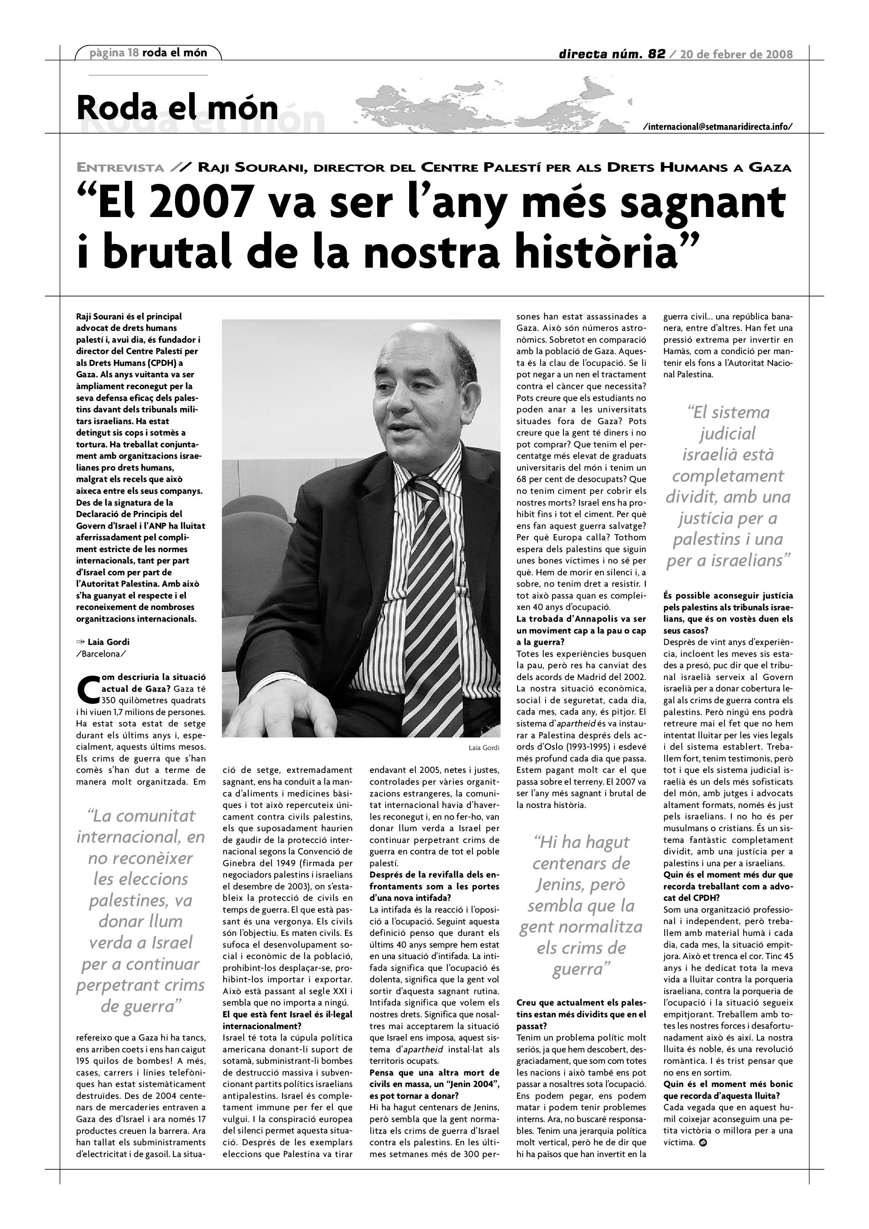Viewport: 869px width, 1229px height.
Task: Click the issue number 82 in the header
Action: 656,54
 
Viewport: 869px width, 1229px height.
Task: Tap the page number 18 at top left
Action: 133,53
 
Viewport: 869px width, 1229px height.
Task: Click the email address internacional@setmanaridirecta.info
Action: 718,127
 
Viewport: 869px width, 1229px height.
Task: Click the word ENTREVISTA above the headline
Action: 120,168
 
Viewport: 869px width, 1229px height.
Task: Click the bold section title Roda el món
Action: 177,108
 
